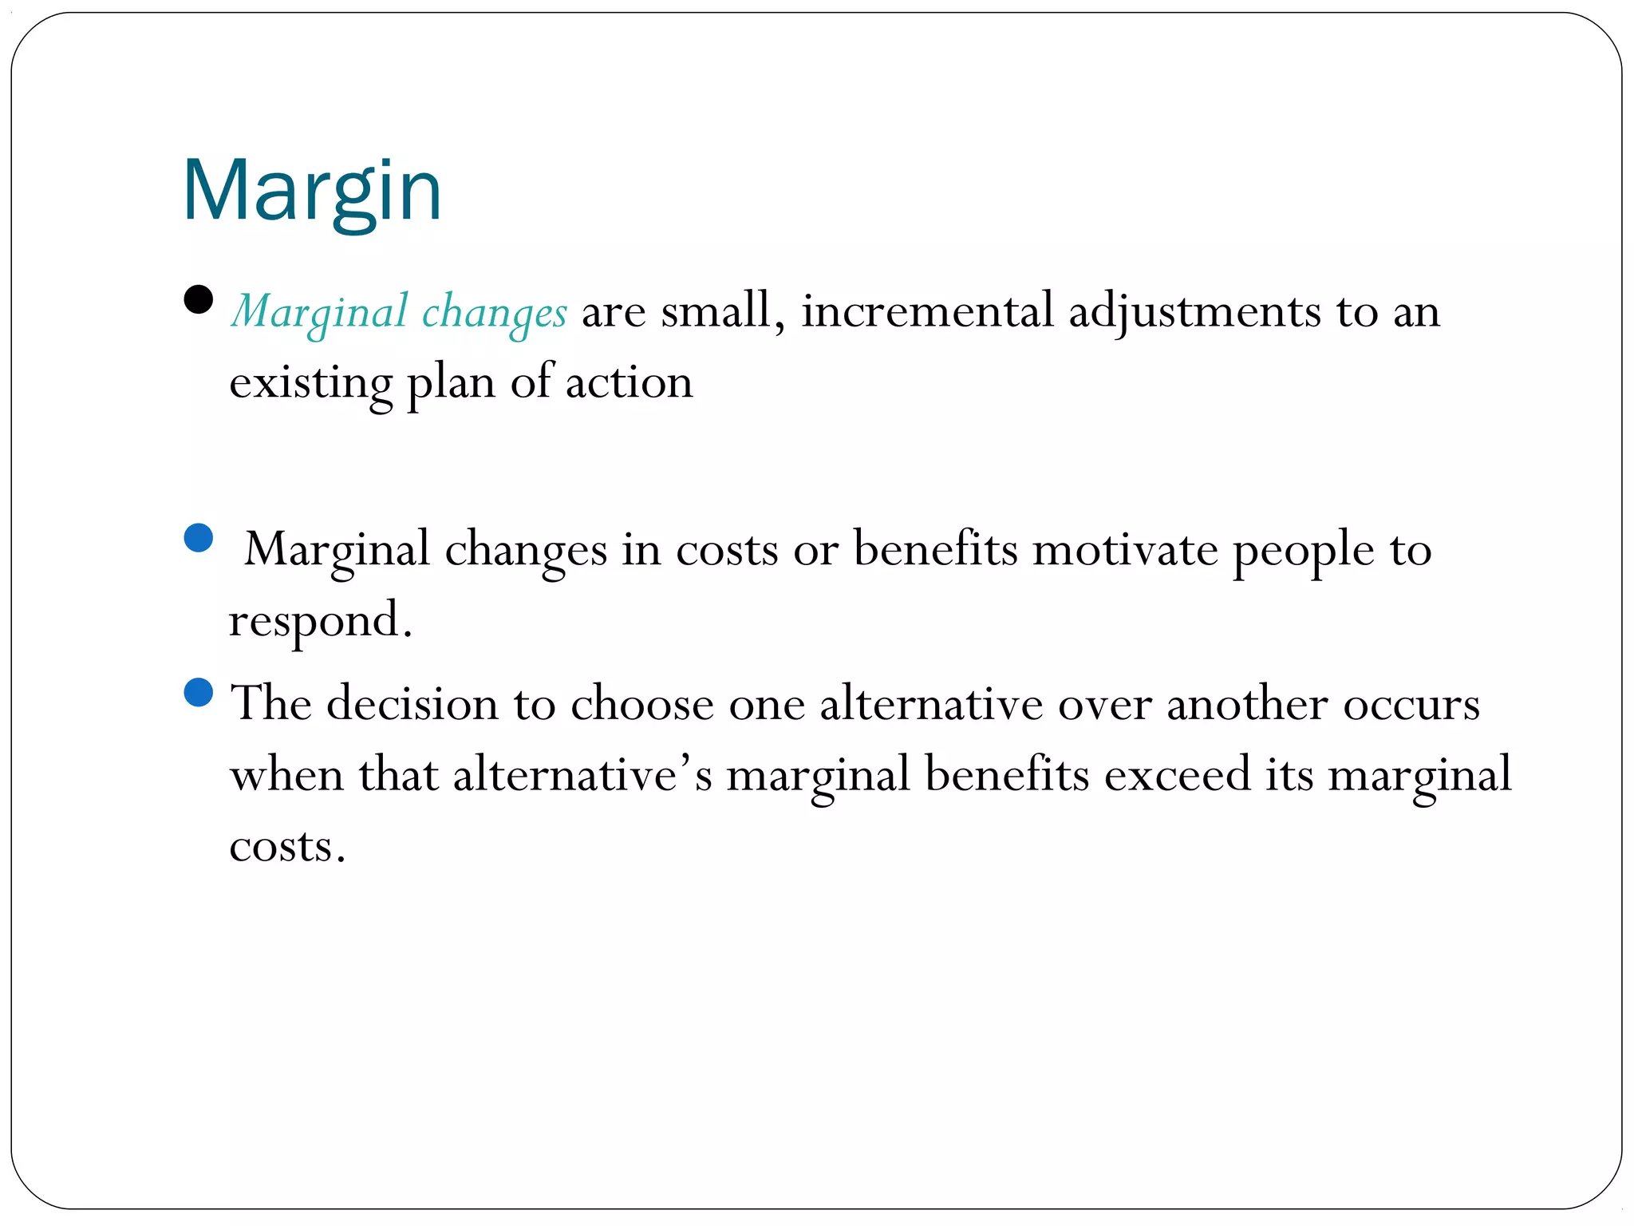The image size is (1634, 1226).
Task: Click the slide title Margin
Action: pos(312,192)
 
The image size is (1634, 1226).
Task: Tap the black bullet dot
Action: pos(198,299)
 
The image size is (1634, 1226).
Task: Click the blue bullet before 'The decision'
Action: pos(198,692)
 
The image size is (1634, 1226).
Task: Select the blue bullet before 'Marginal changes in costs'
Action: pos(198,537)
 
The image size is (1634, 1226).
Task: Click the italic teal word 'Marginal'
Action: pos(319,312)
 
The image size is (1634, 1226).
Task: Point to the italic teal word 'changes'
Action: pos(494,312)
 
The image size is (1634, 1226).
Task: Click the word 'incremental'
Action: pos(927,310)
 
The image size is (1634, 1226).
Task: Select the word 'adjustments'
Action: pos(1194,310)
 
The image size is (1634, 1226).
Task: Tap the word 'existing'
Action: pos(310,382)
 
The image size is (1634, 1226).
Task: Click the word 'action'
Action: pos(629,382)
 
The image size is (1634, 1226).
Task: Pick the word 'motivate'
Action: pos(1124,549)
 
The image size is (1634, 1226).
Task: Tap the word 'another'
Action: pos(1247,704)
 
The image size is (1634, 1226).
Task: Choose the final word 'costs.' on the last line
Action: pos(287,846)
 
